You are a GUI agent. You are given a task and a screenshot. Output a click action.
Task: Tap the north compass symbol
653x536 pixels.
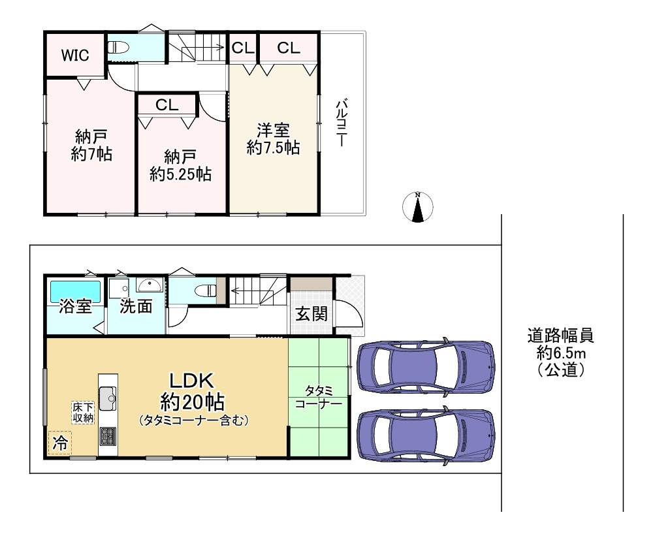click(x=418, y=208)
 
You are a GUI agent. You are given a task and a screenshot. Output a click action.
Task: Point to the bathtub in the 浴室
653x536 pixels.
click(x=74, y=290)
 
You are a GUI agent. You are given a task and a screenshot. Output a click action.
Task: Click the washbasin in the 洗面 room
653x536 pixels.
click(x=150, y=285)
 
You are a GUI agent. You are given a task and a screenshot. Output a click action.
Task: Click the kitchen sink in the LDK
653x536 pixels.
click(x=108, y=395)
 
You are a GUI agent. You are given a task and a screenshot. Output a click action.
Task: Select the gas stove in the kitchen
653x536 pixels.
click(x=108, y=435)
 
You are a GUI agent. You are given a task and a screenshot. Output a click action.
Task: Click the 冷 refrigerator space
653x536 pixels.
click(x=60, y=444)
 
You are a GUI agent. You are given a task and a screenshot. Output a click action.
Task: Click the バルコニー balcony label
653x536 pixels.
click(x=342, y=124)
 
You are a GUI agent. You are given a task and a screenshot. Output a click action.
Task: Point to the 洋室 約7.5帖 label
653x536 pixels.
click(x=273, y=138)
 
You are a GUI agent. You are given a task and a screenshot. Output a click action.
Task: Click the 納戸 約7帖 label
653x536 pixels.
click(x=91, y=145)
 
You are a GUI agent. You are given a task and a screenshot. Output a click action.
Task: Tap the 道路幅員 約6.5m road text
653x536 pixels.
click(x=560, y=353)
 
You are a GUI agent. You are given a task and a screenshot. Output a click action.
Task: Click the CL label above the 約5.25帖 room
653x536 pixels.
click(x=167, y=104)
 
